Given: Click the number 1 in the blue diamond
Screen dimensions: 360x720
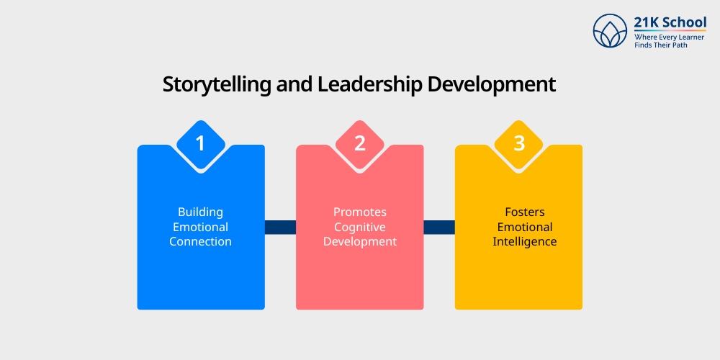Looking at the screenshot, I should click(x=201, y=143).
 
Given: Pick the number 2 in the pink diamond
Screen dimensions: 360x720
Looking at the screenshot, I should click(x=360, y=143).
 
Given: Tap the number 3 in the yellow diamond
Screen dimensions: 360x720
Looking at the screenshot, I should click(x=519, y=143).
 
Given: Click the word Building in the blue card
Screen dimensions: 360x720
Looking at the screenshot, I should click(x=201, y=212).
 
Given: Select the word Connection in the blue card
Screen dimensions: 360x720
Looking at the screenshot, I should click(x=201, y=242).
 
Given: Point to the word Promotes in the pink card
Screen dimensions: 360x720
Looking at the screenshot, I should click(x=360, y=212).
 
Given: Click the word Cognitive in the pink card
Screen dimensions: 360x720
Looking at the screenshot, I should click(x=360, y=228).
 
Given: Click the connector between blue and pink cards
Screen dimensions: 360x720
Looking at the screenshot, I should click(x=280, y=228).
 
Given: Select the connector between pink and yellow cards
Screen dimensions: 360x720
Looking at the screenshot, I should click(x=439, y=228).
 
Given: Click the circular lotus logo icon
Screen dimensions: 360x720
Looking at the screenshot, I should click(x=610, y=30).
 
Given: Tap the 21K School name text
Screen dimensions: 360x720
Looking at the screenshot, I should click(x=670, y=22).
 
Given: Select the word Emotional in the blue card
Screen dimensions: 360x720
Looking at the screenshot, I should click(x=201, y=228).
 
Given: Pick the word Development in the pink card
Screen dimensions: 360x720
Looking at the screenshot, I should click(x=360, y=242).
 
